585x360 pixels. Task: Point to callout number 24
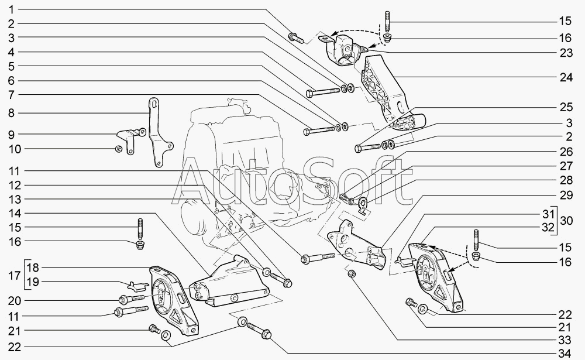564,77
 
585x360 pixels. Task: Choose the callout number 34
564,353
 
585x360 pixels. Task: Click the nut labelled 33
352,274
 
